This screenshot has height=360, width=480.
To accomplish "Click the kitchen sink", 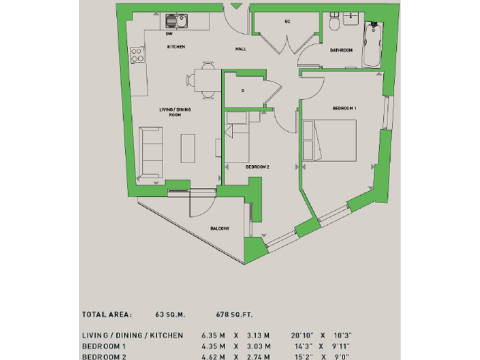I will click(x=177, y=21).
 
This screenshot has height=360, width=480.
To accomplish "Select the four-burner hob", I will click(x=136, y=54).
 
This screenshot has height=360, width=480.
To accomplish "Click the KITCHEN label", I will click(x=176, y=47).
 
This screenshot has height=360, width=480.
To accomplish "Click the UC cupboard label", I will click(x=287, y=21).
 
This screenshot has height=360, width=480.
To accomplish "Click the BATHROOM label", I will click(x=342, y=50).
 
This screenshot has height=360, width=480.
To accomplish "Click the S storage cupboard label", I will click(x=242, y=91).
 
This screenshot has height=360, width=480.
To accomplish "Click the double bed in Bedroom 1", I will click(x=329, y=139).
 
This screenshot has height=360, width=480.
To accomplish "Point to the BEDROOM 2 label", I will click(x=257, y=167).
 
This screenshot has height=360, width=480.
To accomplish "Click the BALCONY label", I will click(x=220, y=229).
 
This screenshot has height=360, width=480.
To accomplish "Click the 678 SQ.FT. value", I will click(x=234, y=315).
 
